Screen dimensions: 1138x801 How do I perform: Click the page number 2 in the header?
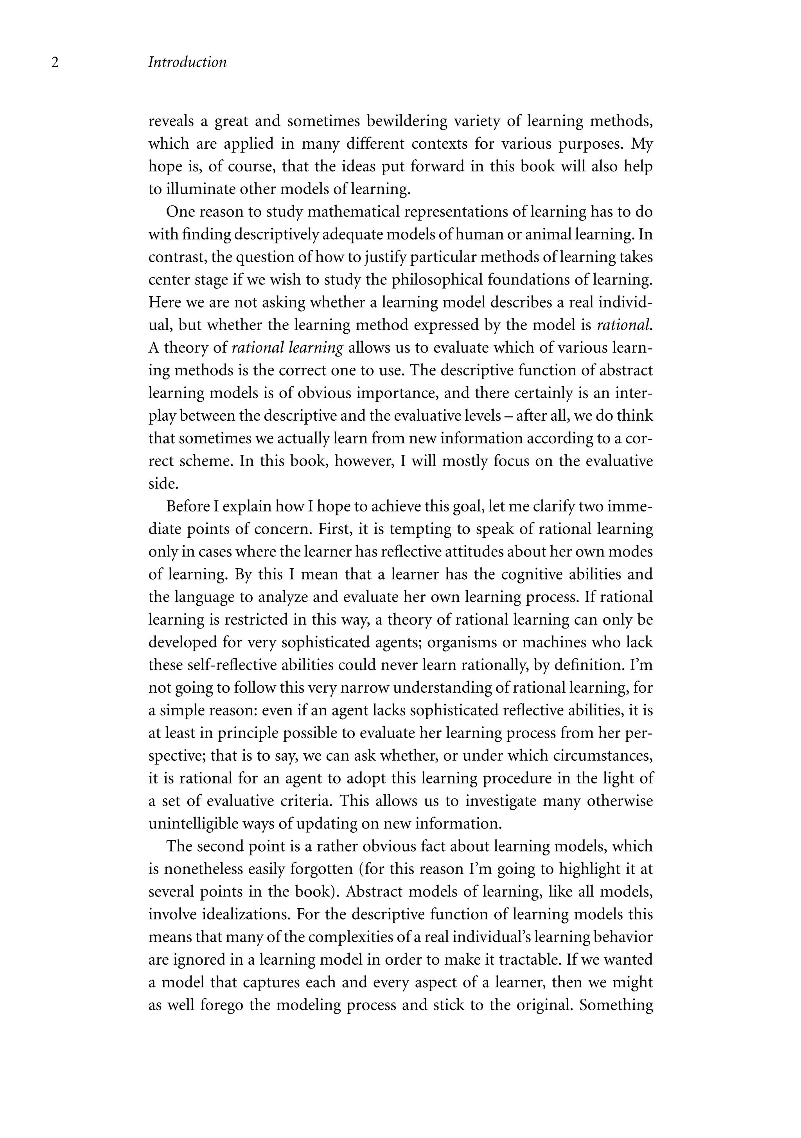tap(55, 63)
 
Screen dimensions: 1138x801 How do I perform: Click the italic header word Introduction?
tap(187, 63)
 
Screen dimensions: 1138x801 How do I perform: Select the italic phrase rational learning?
tap(287, 348)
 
